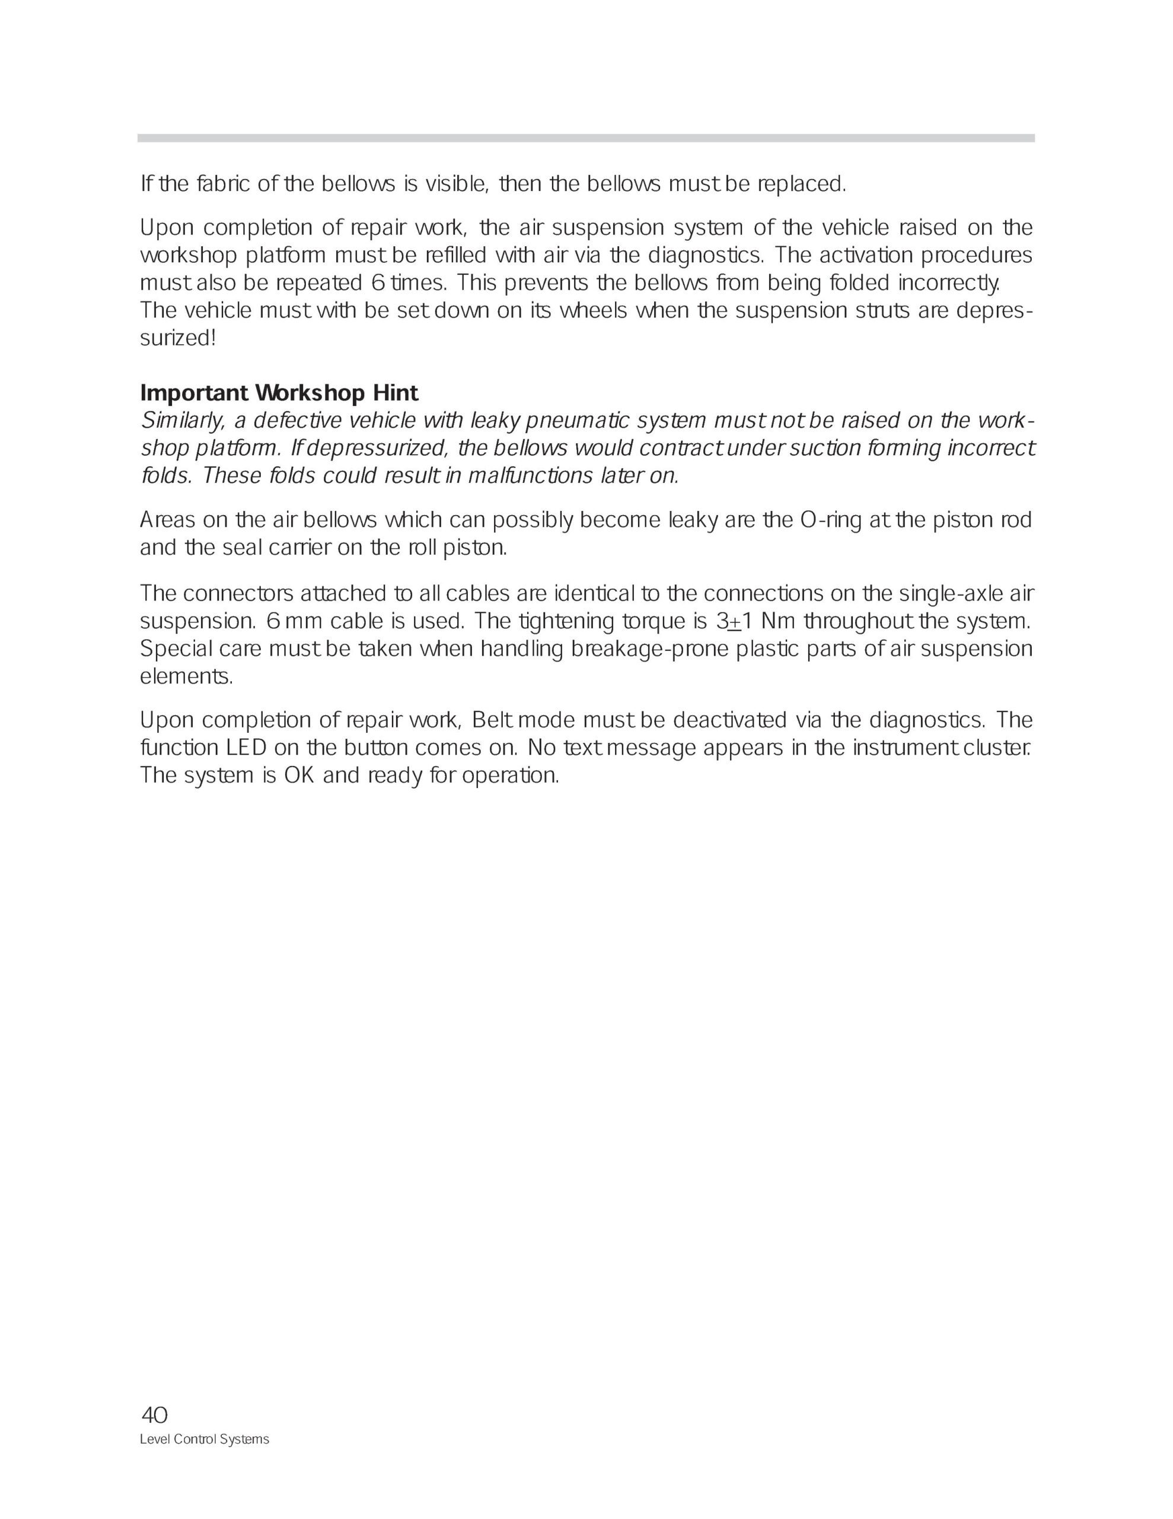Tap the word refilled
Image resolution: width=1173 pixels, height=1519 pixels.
453,256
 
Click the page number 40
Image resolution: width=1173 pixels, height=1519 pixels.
154,1415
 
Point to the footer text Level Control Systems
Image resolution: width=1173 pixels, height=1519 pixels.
205,1439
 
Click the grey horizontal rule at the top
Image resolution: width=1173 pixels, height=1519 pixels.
585,138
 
